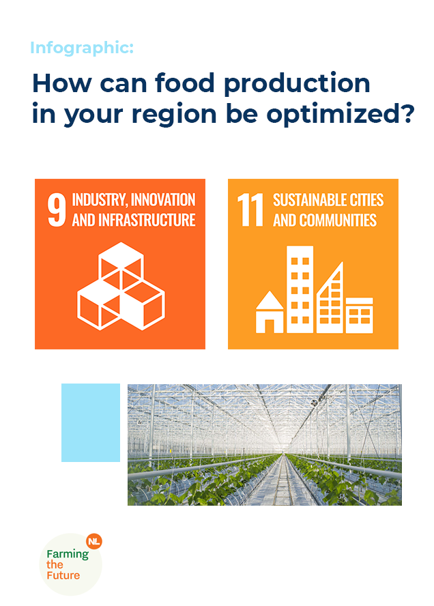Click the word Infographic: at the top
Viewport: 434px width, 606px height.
82,48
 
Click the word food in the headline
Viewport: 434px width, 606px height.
184,83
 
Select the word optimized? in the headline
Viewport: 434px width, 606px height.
341,115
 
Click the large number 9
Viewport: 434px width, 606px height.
57,210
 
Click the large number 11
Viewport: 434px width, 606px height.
250,210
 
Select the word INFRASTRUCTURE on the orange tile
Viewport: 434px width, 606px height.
147,220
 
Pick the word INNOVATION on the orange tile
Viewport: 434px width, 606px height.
163,200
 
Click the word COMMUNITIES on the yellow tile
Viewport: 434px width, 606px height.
338,220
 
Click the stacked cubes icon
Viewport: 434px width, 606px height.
121,286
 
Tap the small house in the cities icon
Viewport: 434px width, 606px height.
270,312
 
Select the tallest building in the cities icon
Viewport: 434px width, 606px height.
300,289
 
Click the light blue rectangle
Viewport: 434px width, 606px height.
91,422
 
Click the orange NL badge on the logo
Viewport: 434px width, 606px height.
94,541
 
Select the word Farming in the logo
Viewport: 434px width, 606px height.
68,554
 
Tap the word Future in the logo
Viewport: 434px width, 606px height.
63,575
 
